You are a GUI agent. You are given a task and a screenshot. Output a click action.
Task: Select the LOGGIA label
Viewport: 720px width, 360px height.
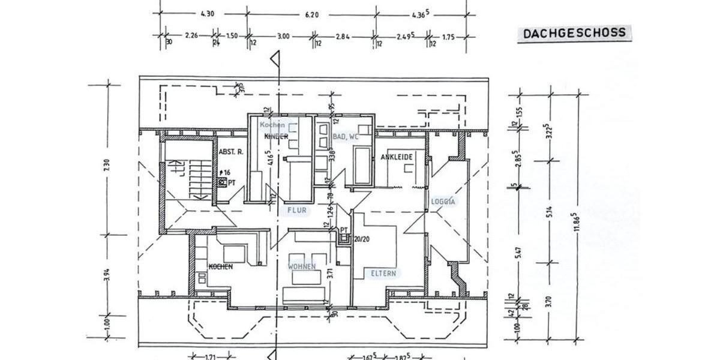click(x=443, y=202)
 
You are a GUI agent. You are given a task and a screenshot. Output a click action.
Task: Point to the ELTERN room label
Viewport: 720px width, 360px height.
click(x=383, y=273)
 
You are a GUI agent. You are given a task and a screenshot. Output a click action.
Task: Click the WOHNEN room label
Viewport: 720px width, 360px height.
click(x=302, y=266)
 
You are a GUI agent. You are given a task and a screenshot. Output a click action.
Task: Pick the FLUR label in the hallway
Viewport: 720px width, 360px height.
click(x=296, y=211)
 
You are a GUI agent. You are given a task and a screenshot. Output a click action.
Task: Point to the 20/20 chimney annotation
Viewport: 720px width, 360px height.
click(x=362, y=238)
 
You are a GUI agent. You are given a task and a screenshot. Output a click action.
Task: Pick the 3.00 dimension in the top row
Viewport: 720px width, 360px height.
click(x=283, y=37)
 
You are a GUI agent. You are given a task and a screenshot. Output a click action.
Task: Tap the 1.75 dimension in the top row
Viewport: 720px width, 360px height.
click(x=448, y=37)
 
